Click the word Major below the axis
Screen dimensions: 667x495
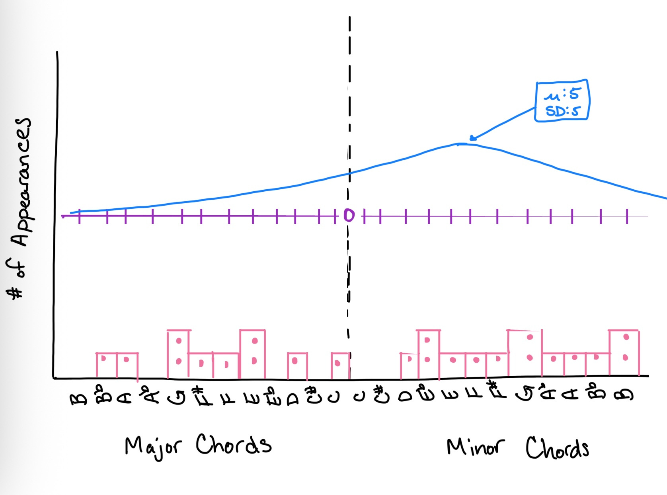pos(153,446)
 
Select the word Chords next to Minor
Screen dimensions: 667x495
pos(557,448)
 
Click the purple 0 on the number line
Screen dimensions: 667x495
pos(349,215)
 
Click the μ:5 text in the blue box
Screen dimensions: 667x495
pos(562,94)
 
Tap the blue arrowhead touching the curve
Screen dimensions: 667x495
pos(472,138)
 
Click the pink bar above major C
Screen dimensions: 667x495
pos(340,365)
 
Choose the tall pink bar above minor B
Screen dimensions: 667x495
pos(624,353)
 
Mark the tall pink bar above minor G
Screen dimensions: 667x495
pos(525,353)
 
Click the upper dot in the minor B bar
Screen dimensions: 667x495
pos(626,337)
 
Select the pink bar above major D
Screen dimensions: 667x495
pos(297,365)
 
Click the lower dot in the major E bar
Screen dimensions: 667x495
pos(254,361)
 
